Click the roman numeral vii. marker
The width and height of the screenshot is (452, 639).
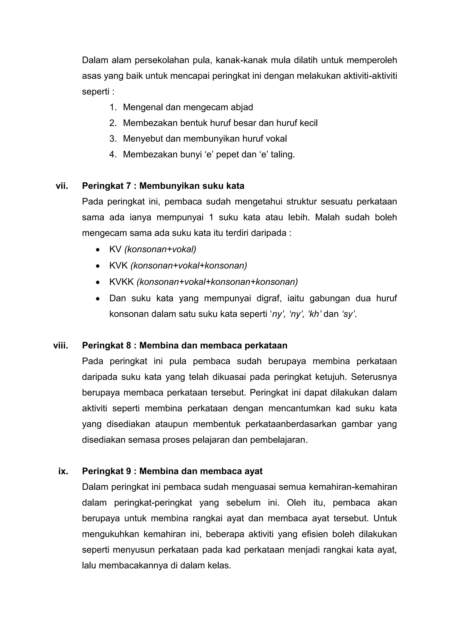click(62, 186)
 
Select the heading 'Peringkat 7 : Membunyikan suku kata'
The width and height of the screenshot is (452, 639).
click(163, 186)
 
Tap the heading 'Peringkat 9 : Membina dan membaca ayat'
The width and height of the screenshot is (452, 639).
click(172, 471)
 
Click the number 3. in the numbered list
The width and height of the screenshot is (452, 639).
click(113, 139)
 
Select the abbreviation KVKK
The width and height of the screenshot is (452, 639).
click(122, 282)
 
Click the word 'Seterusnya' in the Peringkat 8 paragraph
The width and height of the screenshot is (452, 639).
click(374, 377)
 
